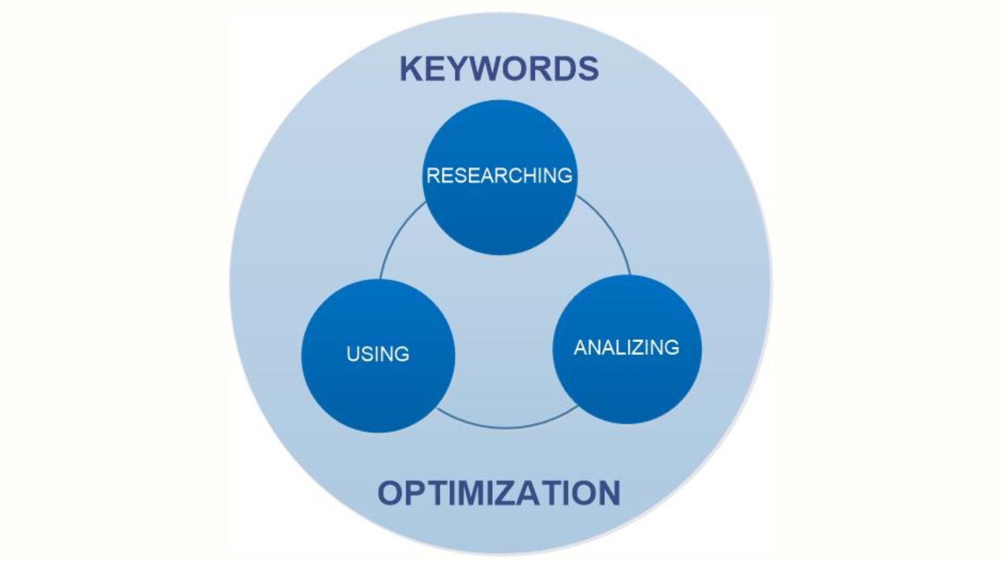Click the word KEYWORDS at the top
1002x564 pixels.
tap(499, 69)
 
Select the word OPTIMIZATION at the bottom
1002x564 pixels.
tap(498, 494)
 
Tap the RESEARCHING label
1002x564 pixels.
tap(499, 176)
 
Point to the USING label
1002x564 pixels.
tap(378, 355)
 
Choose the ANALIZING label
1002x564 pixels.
tap(626, 348)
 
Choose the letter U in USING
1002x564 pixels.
tap(353, 355)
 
